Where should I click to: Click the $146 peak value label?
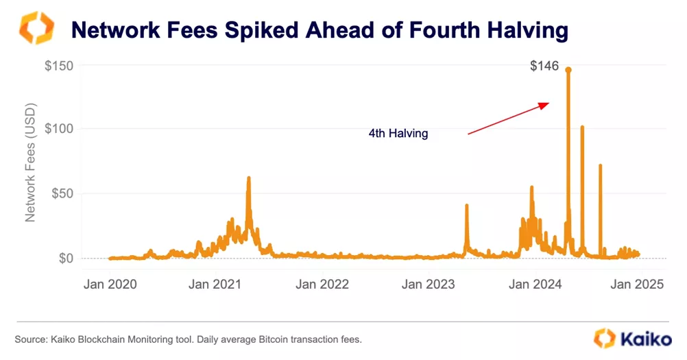(x=545, y=67)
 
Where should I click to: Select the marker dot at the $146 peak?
(x=568, y=69)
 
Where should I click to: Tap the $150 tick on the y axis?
(x=60, y=66)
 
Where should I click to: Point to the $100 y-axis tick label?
(x=60, y=129)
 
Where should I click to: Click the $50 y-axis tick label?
(x=63, y=193)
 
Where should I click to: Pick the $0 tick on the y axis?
(x=67, y=259)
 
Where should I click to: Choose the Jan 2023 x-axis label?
(x=429, y=284)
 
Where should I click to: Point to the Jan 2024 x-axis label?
(x=535, y=284)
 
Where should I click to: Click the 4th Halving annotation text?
(x=398, y=134)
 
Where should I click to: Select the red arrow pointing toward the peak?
(x=508, y=119)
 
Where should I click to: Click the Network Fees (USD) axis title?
(x=30, y=162)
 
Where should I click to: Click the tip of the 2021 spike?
(x=249, y=178)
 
